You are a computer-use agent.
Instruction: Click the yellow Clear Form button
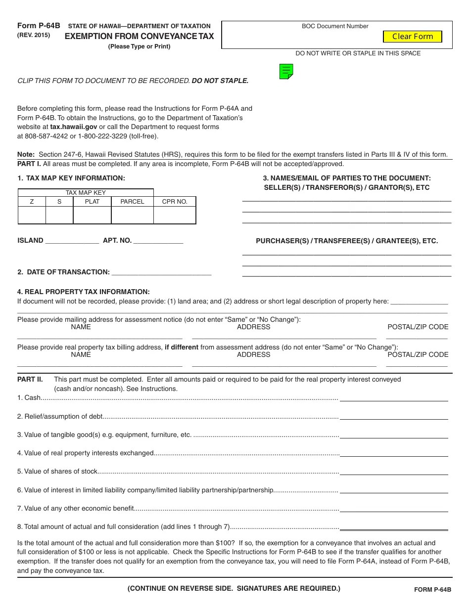[x=412, y=36]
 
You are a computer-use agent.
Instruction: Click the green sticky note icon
[x=286, y=72]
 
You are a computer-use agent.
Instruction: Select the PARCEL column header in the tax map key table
[x=132, y=202]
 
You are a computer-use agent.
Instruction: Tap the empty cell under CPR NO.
[x=175, y=215]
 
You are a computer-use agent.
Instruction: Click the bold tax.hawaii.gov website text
[x=74, y=127]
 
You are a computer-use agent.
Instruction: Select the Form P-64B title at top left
[x=39, y=26]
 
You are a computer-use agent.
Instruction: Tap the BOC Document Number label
[x=335, y=26]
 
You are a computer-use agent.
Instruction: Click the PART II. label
[x=30, y=380]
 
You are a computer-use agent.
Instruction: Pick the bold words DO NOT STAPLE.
[x=220, y=81]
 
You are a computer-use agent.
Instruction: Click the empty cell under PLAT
[x=92, y=215]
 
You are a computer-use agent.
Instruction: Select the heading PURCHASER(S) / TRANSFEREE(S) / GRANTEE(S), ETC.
[x=346, y=241]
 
